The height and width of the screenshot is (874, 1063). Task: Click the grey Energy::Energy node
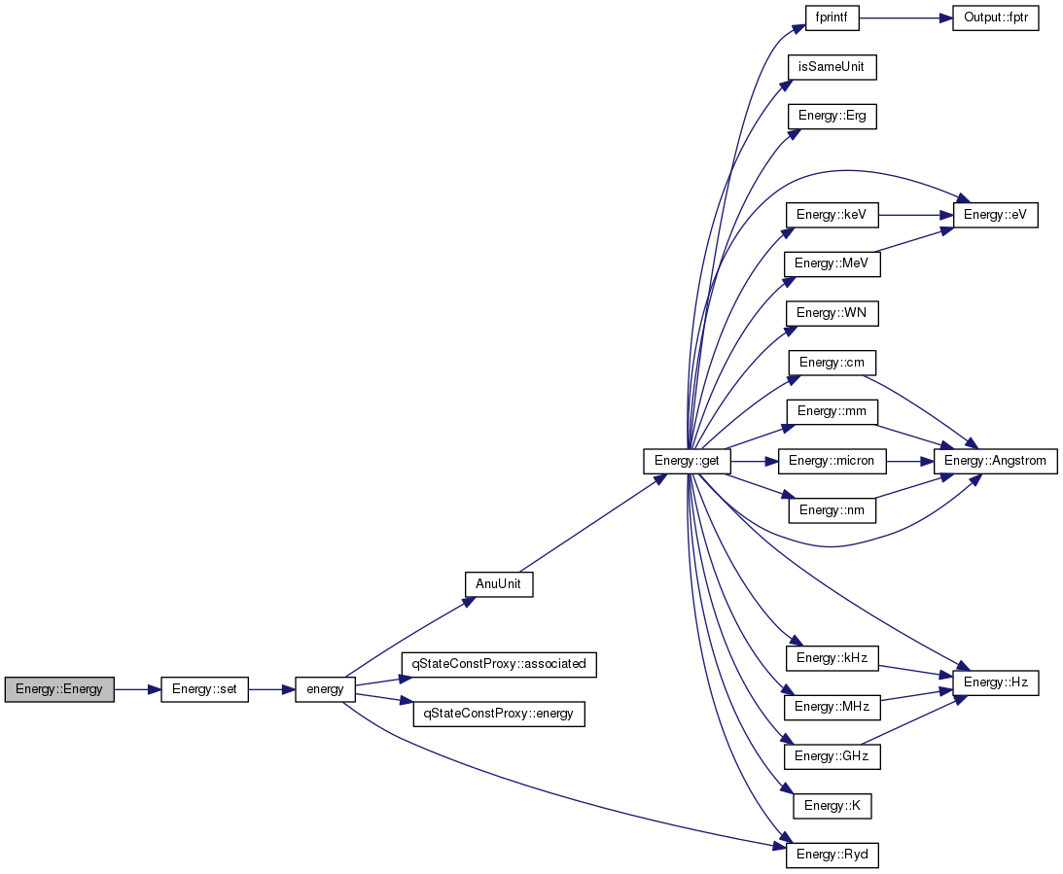59,689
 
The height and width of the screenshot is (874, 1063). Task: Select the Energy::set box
204,689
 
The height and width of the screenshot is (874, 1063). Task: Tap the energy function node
325,689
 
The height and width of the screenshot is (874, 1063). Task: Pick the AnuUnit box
499,584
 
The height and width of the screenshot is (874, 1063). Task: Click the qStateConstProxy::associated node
499,664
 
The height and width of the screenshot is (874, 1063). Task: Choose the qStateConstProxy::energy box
499,715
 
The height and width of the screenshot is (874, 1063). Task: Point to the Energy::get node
687,462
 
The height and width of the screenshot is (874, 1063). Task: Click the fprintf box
832,17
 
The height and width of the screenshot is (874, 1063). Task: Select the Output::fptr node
995,17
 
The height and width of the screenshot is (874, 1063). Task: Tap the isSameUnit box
832,67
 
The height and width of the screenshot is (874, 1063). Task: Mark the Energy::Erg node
832,116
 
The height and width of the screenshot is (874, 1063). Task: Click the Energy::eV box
995,216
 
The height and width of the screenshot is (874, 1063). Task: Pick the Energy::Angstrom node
995,462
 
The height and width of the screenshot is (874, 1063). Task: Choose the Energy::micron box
832,462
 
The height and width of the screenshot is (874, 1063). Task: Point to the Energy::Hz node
995,682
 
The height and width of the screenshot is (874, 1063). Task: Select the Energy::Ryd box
832,855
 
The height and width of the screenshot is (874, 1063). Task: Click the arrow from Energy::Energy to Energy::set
137,689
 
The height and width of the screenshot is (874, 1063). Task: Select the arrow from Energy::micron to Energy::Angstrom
909,462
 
